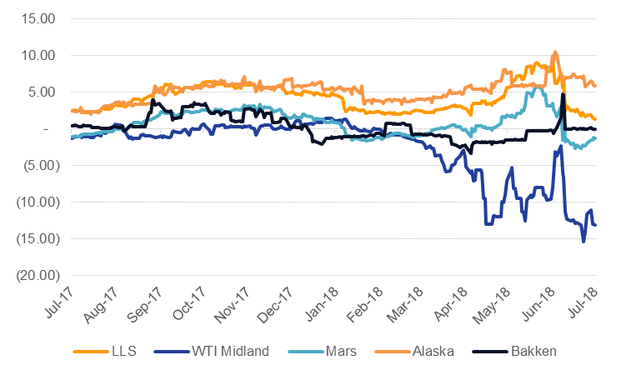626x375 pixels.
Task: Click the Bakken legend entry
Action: [533, 351]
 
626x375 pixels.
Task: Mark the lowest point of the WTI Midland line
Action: [583, 242]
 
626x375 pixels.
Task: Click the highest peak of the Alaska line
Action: [555, 52]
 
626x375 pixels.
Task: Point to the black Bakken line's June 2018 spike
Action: [563, 94]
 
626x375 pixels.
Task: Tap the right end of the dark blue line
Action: [595, 225]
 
